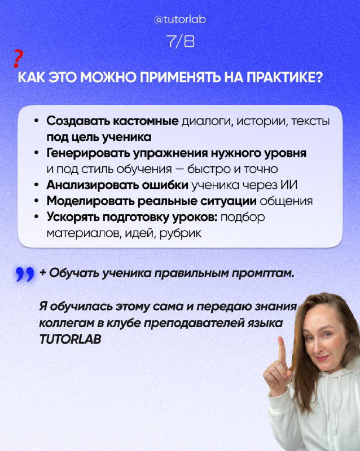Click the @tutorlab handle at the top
coord(180,20)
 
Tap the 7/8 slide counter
coord(180,42)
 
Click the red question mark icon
coord(18,58)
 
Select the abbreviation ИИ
coord(290,184)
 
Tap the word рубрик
coord(182,232)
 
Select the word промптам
coord(263,273)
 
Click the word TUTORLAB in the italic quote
coord(71,341)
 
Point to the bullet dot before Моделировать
coord(36,201)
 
